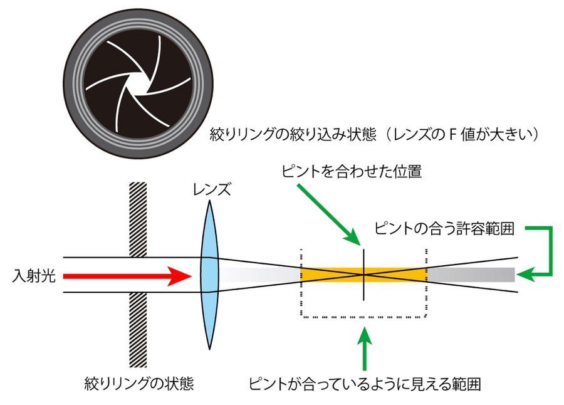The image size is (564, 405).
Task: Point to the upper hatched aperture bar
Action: click(137, 219)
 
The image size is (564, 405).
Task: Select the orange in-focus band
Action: click(332, 275)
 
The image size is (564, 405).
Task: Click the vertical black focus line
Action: click(363, 295)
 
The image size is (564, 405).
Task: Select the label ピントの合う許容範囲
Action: click(444, 229)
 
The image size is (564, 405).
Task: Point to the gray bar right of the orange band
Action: click(470, 275)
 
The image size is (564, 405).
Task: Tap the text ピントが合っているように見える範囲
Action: click(367, 381)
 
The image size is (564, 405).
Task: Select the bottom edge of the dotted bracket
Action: click(363, 317)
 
